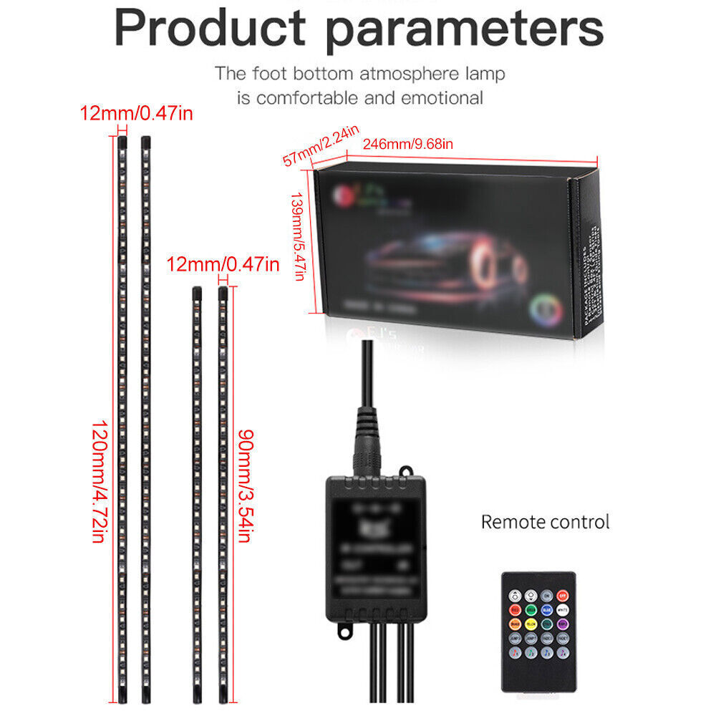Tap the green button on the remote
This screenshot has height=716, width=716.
(x=531, y=609)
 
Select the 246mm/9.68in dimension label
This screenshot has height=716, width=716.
(x=408, y=145)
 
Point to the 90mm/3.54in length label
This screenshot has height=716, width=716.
(x=245, y=485)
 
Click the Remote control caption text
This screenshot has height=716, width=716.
(x=545, y=521)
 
